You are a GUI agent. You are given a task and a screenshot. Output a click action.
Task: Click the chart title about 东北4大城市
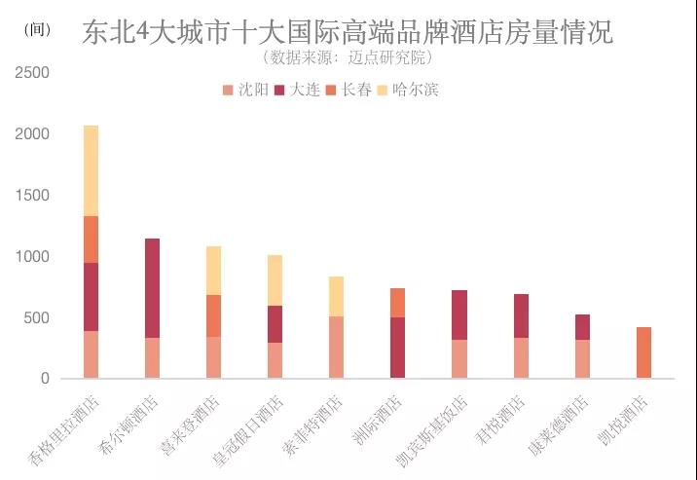point(348,31)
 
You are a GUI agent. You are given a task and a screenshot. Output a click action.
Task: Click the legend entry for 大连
point(297,91)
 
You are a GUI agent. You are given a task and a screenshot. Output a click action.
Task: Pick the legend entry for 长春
point(348,91)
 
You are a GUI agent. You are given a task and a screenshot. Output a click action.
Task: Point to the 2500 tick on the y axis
point(34,73)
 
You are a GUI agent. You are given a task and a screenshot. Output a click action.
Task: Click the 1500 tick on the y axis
point(34,196)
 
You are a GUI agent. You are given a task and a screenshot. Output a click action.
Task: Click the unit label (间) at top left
point(35,29)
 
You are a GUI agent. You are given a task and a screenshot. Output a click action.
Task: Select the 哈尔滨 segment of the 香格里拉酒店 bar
point(91,170)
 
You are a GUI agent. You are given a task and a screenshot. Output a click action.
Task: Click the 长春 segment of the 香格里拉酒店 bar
point(91,240)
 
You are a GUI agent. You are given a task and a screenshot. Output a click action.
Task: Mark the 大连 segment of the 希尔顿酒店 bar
point(152,288)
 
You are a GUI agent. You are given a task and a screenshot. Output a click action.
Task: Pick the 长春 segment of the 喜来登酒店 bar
point(213,315)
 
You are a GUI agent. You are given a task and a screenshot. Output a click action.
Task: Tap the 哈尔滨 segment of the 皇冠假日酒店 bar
point(275,280)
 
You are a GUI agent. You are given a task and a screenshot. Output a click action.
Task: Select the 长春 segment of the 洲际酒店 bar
point(397,303)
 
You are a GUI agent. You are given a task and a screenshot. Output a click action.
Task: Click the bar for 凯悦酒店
point(642,352)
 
